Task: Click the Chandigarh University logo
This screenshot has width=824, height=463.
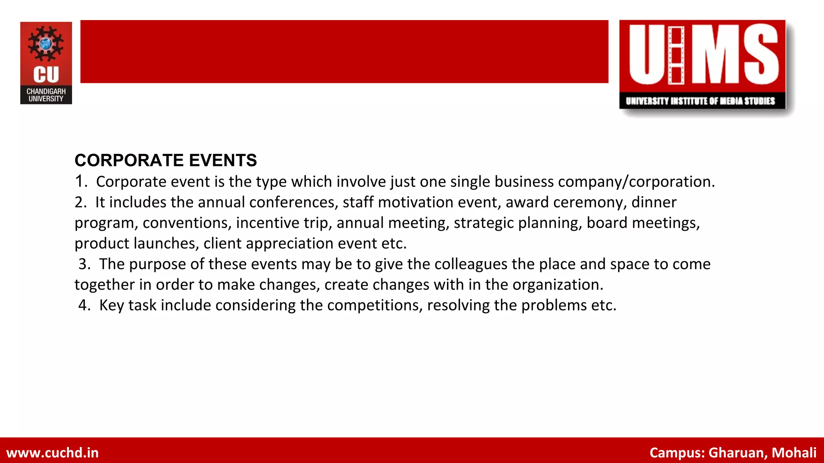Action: point(46,63)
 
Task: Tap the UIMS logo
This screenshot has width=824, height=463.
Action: point(702,64)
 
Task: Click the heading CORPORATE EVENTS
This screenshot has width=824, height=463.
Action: point(166,160)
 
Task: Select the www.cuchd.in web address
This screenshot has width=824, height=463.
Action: point(53,453)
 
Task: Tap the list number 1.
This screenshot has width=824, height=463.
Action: point(80,182)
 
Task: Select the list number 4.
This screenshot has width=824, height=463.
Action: point(84,305)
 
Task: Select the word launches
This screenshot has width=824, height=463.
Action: point(166,243)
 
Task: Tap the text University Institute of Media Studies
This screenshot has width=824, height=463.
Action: point(700,101)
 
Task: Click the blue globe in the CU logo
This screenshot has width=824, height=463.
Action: point(46,43)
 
